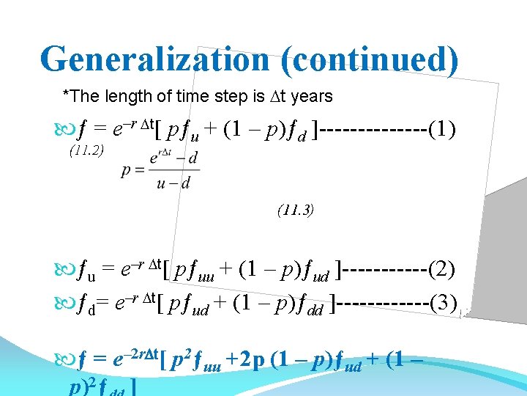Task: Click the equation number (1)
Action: (442, 131)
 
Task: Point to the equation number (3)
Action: (444, 301)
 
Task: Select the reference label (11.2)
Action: (86, 150)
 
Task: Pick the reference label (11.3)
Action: (296, 210)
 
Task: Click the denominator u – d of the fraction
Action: (173, 183)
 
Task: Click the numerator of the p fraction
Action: (173, 158)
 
